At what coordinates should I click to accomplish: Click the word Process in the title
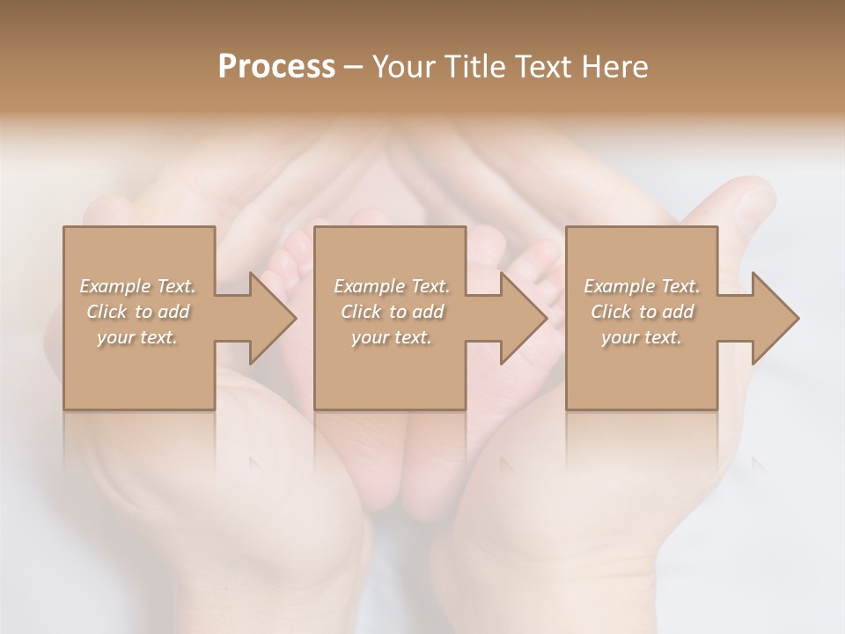click(276, 67)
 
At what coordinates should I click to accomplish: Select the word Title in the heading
click(475, 67)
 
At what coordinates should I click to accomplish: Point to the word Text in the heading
click(543, 67)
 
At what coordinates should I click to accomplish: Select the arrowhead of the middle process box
click(522, 318)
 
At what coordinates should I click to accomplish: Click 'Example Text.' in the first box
click(137, 286)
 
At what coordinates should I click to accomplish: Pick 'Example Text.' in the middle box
click(392, 286)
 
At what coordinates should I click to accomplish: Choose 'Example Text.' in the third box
click(642, 286)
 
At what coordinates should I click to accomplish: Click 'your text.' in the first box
click(137, 337)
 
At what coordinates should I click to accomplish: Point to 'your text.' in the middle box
click(392, 337)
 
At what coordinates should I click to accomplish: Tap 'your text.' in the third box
click(642, 337)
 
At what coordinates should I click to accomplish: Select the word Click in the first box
click(106, 312)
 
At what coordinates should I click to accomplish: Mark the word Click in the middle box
click(360, 312)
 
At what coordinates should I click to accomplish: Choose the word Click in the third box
click(610, 312)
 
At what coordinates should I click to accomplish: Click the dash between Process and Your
click(354, 67)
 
